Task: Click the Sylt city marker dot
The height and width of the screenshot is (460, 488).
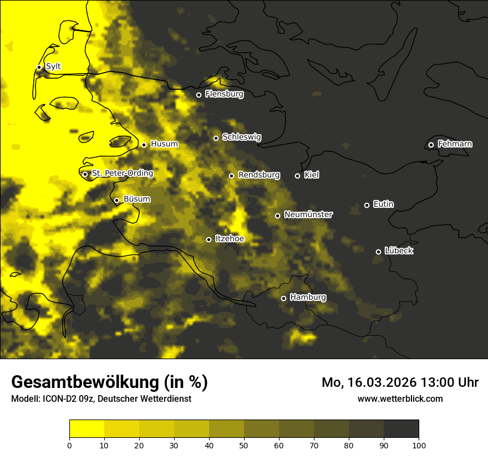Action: [x=39, y=67]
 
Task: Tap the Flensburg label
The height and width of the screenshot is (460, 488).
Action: [x=224, y=94]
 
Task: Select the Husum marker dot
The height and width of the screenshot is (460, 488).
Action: [x=144, y=145]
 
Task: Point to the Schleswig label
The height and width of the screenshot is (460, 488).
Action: [x=241, y=137]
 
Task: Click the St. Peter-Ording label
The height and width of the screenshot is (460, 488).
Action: [x=122, y=173]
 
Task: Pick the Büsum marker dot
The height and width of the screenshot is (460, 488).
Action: [x=116, y=201]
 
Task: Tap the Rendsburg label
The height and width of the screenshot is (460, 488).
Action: [x=258, y=175]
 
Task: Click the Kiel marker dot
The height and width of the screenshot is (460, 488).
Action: [x=297, y=176]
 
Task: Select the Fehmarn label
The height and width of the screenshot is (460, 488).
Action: [x=455, y=144]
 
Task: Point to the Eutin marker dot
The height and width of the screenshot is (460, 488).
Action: [x=367, y=205]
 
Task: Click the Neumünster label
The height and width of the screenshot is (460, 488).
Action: [x=308, y=214]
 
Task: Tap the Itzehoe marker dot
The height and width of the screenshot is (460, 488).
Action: [x=209, y=239]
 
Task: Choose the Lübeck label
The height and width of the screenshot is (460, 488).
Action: [x=399, y=251]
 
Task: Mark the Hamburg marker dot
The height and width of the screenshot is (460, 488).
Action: [x=283, y=298]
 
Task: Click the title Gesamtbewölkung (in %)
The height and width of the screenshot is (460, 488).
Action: [x=109, y=382]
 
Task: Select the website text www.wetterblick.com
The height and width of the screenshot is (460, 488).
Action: [x=400, y=398]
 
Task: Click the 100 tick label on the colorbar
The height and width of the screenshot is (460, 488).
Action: [x=419, y=444]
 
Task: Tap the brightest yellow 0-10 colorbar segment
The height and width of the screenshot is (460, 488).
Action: [x=87, y=428]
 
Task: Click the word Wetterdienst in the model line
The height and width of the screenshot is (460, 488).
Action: [x=167, y=398]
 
